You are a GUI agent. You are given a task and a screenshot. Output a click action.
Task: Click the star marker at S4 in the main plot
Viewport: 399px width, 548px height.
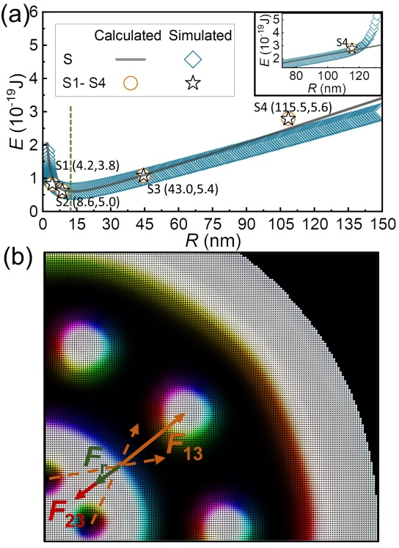[x=288, y=119]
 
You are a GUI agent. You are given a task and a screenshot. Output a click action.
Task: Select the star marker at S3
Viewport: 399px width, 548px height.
[x=143, y=175]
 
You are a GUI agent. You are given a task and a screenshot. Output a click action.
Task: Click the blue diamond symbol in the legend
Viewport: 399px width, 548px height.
[x=193, y=59]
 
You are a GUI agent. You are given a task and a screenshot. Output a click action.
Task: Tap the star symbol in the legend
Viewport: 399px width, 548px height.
[x=193, y=84]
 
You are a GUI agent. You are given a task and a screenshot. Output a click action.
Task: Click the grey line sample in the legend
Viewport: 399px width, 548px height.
[x=131, y=59]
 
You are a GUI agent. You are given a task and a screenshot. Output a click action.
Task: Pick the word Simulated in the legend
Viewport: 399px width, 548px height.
[x=200, y=36]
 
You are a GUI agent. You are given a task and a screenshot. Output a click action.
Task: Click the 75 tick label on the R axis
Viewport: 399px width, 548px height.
[x=213, y=224]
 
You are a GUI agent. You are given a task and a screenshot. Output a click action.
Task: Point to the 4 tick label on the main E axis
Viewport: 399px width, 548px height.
[x=34, y=78]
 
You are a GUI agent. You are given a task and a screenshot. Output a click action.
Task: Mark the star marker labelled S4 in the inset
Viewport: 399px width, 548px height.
[x=352, y=48]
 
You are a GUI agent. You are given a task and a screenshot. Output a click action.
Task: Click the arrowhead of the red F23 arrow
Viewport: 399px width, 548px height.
[x=79, y=495]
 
